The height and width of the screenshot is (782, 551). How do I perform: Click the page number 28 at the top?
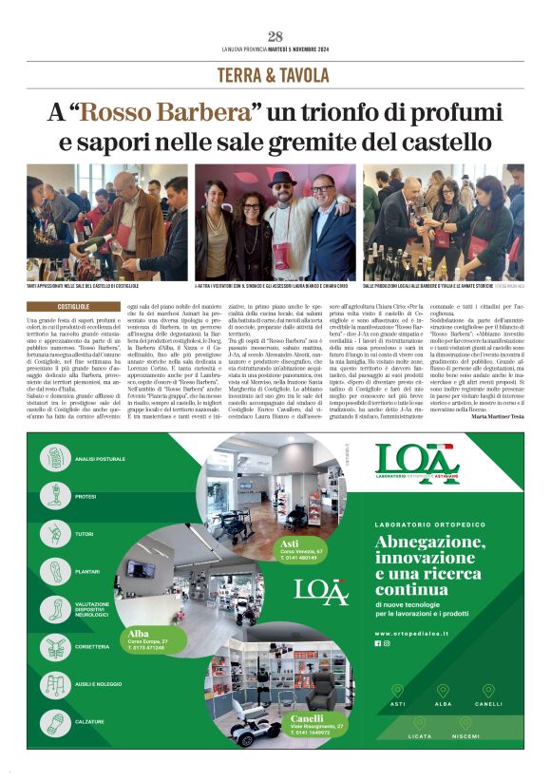coord(275,37)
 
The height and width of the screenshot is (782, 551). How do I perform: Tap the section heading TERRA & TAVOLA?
coord(275,75)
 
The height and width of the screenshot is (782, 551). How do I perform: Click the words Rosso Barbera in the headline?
coord(169,113)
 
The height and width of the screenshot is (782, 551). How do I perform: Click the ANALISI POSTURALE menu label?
coord(100,459)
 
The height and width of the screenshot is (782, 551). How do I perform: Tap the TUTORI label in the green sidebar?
coord(85,534)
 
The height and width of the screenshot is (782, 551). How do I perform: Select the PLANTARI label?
coord(87,571)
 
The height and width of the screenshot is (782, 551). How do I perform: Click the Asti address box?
coord(303,548)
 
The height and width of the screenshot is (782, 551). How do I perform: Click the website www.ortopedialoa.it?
coord(423,633)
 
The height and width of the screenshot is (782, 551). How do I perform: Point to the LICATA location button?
coord(420,735)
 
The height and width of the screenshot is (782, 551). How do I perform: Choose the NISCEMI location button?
coord(465,735)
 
